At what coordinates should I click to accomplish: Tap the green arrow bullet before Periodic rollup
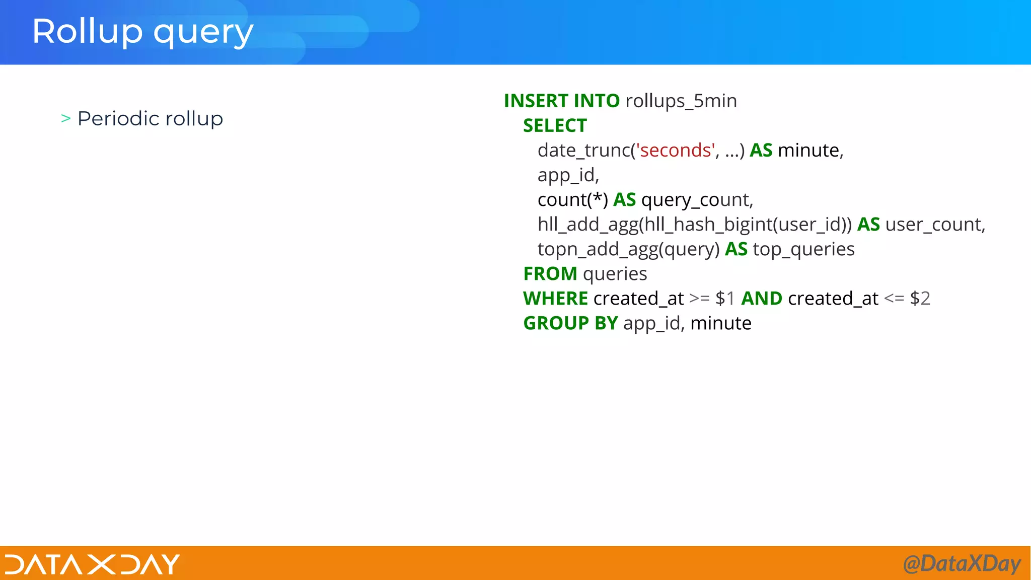tap(65, 119)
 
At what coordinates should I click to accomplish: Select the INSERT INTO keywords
tap(561, 101)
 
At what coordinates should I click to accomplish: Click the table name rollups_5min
tap(681, 101)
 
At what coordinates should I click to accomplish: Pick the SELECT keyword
tap(555, 125)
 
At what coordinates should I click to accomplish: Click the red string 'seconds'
tap(675, 150)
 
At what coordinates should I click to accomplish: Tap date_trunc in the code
tap(583, 150)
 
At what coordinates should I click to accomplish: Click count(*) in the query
tap(572, 199)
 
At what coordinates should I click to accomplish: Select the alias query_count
tap(696, 200)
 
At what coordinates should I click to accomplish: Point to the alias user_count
tap(934, 224)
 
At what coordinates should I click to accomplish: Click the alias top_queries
tap(803, 249)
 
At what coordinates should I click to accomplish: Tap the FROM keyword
tap(550, 274)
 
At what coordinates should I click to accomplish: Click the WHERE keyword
tap(555, 299)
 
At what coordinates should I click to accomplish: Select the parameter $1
tap(725, 299)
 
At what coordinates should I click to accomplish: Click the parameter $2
tap(920, 299)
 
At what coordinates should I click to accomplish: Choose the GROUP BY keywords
tap(570, 323)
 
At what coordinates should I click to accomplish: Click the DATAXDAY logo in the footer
tap(92, 564)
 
